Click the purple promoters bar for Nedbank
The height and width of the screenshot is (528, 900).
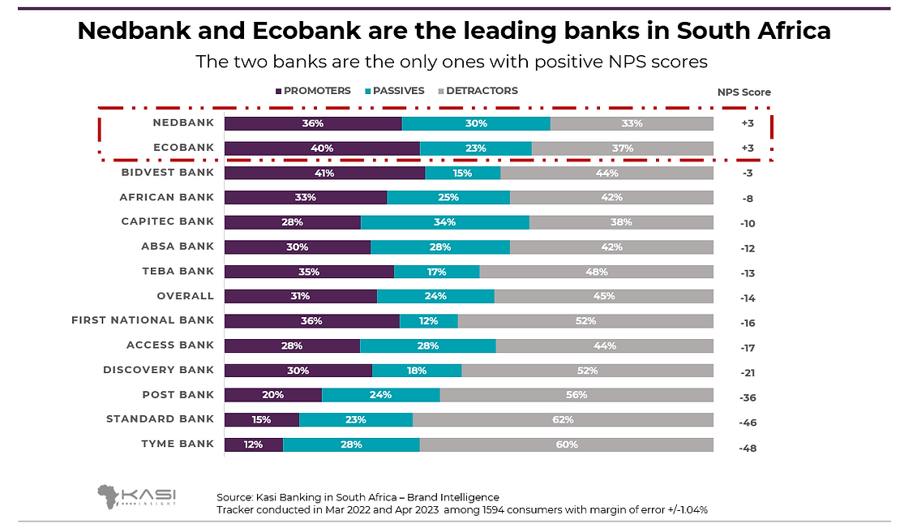coord(313,123)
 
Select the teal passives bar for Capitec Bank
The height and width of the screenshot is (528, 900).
coord(444,222)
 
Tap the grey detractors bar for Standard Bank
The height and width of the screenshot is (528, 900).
coord(563,419)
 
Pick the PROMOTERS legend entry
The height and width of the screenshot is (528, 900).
coord(313,91)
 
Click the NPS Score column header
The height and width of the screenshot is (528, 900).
coord(744,92)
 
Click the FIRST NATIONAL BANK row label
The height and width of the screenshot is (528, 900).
coord(143,320)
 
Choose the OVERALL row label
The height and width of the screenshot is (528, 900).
coord(186,296)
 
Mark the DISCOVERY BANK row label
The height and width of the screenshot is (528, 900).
coord(159,370)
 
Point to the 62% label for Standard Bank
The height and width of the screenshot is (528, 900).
coord(563,419)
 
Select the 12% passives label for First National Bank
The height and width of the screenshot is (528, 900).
coord(428,320)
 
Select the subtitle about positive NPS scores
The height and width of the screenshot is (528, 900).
coord(452,62)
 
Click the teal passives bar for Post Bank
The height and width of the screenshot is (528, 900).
coord(380,395)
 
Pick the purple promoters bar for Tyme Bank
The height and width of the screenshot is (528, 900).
coord(253,444)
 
